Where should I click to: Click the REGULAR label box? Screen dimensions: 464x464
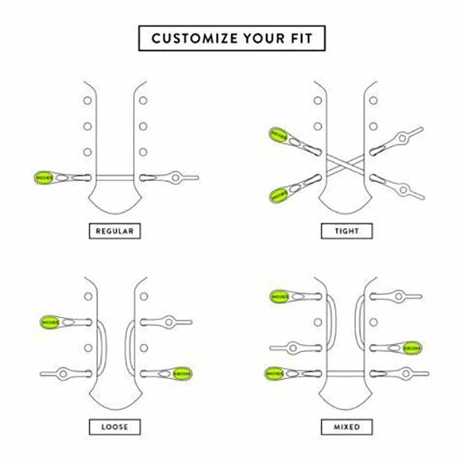(x=114, y=230)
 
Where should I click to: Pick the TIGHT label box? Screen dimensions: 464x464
(x=347, y=230)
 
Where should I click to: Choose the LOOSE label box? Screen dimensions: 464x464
(x=114, y=426)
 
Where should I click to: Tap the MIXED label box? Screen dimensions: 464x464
(x=347, y=426)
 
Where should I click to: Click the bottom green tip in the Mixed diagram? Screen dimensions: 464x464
(x=276, y=373)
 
